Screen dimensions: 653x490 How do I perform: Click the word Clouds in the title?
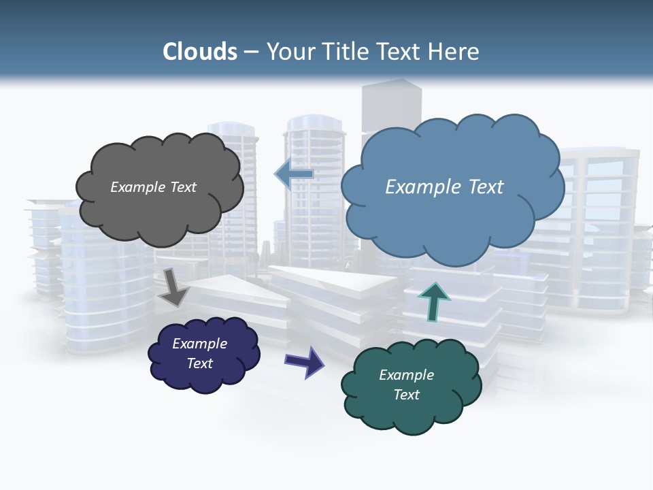tap(199, 52)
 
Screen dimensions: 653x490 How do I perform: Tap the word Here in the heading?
tap(453, 52)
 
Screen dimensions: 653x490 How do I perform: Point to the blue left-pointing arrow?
tap(294, 174)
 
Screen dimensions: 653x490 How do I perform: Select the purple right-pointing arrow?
tap(305, 361)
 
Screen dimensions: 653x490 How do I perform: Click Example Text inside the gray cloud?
tap(153, 187)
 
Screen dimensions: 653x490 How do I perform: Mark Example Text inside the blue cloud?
tap(444, 187)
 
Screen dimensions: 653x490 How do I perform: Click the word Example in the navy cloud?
tap(199, 344)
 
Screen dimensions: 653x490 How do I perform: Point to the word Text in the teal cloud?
tap(406, 395)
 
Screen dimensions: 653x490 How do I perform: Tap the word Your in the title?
tap(289, 52)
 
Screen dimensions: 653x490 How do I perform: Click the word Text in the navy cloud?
tap(199, 363)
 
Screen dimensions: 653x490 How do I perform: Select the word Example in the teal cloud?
tap(406, 375)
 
